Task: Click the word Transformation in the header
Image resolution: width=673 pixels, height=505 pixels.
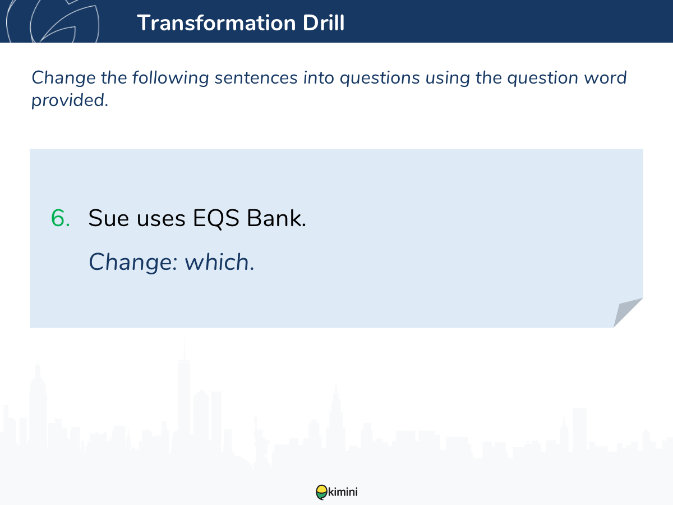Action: (216, 22)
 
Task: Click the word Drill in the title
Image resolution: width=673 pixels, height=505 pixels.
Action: (324, 22)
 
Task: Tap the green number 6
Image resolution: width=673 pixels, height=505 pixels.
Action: (61, 218)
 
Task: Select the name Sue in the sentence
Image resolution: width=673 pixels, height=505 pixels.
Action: (109, 218)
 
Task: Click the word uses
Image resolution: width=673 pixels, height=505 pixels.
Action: (161, 219)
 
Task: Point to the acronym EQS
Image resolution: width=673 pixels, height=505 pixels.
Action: (216, 219)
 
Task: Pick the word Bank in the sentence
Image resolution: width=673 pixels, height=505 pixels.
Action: (276, 218)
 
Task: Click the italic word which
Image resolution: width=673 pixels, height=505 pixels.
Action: (219, 262)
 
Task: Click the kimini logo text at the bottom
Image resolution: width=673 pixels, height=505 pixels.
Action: (343, 492)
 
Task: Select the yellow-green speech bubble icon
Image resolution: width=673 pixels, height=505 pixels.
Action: (321, 492)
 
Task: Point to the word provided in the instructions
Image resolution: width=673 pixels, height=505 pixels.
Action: (70, 100)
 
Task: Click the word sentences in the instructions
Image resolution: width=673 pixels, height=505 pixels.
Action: (256, 78)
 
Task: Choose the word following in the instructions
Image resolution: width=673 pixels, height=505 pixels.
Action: (170, 78)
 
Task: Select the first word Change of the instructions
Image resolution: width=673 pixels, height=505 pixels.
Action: (63, 78)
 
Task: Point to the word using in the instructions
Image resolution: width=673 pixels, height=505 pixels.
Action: (448, 78)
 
